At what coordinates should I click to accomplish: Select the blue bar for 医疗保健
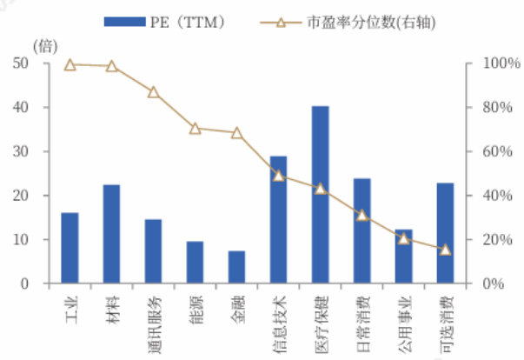click(x=320, y=195)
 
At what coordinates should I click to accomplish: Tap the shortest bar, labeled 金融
click(x=236, y=267)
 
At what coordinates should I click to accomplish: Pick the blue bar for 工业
click(x=70, y=248)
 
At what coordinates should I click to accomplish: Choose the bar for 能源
click(x=195, y=263)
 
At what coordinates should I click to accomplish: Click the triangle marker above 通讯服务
click(x=153, y=92)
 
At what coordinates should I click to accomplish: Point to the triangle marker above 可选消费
click(x=445, y=250)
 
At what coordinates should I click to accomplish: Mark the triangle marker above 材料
click(x=111, y=66)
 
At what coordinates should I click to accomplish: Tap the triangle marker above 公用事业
click(x=403, y=238)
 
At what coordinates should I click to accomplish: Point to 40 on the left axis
click(x=20, y=107)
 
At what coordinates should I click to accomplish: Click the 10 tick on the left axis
click(x=20, y=239)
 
